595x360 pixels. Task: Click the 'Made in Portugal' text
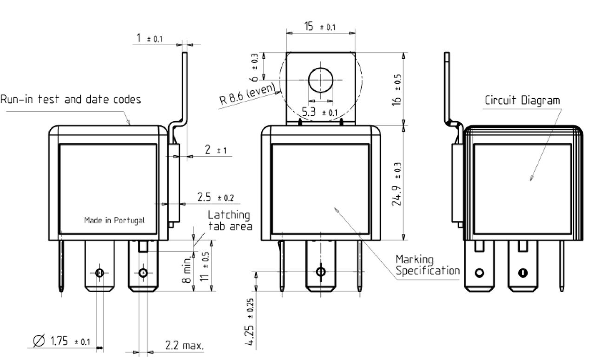[114, 220]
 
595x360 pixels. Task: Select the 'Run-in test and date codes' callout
[71, 100]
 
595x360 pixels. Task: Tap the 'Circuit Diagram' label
[522, 100]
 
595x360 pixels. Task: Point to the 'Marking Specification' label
[427, 265]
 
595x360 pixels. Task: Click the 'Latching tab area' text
[230, 220]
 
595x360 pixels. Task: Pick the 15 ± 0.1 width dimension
[320, 27]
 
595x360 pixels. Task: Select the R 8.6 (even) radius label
[247, 94]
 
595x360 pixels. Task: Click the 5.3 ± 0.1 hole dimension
[320, 112]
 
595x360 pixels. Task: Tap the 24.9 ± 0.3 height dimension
[397, 184]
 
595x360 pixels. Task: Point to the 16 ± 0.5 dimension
[397, 90]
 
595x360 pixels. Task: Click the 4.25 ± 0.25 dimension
[250, 322]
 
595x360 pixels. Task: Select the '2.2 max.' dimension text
[185, 346]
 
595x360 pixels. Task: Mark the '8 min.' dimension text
[187, 269]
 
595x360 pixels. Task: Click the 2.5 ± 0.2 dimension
[216, 197]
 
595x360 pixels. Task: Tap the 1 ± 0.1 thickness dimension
[149, 38]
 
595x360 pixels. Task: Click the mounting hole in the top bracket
[321, 80]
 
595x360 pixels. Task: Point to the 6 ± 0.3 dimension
[254, 67]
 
